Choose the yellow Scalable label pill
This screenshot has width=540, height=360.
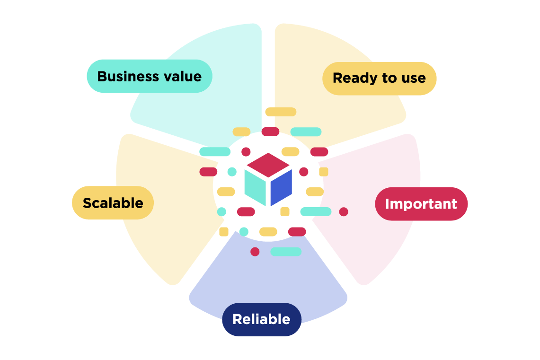pos(113,203)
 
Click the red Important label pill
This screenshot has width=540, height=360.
pos(421,204)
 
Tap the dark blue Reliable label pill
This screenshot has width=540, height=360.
pos(261,319)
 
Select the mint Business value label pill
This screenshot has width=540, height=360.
pos(149,76)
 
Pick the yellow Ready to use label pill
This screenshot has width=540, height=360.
pos(379,79)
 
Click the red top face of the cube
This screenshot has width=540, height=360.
pos(268,164)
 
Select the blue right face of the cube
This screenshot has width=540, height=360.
pos(281,187)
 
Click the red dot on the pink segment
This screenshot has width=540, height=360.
pos(344,212)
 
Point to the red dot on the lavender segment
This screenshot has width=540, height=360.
pos(255,252)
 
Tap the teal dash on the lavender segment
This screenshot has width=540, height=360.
pos(285,252)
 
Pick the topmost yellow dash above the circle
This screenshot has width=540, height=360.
pos(280,112)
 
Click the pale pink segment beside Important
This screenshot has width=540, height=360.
pos(379,246)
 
